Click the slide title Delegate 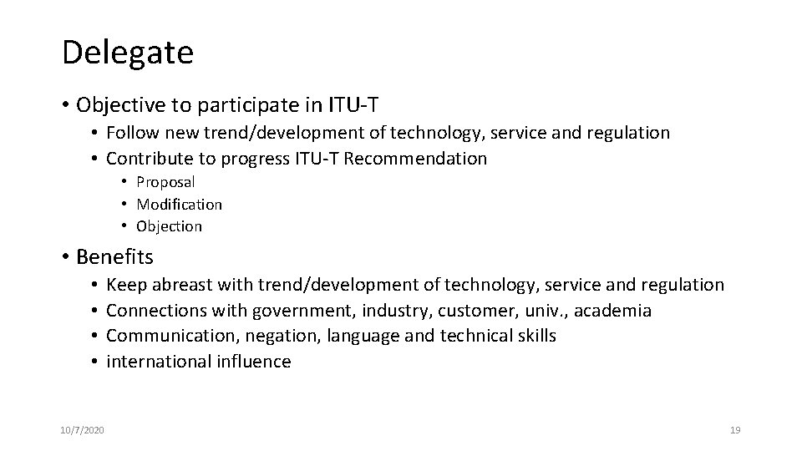127,53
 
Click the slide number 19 735,430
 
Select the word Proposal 165,182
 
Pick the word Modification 180,204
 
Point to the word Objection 170,225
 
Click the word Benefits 114,255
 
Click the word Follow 133,133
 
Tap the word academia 613,310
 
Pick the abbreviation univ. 523,310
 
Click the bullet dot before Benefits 65,256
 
